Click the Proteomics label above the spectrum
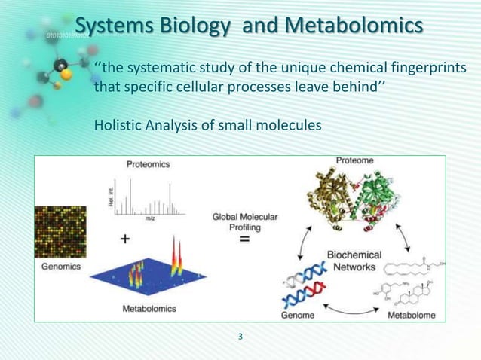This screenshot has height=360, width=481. (148, 163)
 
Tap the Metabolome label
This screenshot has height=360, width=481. (412, 316)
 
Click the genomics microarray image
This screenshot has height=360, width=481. (60, 231)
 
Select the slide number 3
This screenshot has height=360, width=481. (240, 336)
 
